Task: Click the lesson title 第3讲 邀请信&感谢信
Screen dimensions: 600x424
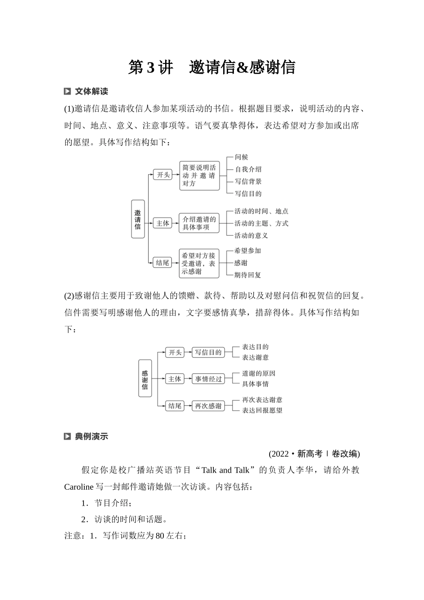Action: pos(212,67)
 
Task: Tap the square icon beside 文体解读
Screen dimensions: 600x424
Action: pos(67,92)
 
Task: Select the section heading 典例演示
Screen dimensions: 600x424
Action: pos(91,436)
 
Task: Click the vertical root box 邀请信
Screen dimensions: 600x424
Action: pos(138,219)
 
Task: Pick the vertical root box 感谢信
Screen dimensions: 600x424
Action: pos(145,379)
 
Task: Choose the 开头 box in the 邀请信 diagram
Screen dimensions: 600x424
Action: pos(162,175)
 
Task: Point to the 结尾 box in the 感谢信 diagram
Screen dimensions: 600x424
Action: pos(175,406)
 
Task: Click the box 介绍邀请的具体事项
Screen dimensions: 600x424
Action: pos(199,223)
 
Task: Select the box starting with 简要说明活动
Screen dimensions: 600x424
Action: pos(199,175)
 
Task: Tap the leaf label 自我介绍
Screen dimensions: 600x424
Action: pos(248,169)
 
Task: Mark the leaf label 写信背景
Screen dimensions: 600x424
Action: pos(248,181)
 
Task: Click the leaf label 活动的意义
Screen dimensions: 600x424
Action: pos(251,235)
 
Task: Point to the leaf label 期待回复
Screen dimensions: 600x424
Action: pos(248,275)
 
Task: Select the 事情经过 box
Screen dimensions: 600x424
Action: pos(208,379)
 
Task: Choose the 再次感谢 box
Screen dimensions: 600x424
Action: pos(208,406)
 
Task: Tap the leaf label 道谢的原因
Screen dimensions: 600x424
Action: pos(258,373)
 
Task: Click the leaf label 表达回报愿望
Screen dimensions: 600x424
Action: pos(262,410)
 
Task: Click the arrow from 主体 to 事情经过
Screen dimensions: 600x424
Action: pos(187,379)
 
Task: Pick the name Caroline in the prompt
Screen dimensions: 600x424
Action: pos(79,487)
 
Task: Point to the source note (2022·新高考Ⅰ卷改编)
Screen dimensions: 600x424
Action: pos(314,454)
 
